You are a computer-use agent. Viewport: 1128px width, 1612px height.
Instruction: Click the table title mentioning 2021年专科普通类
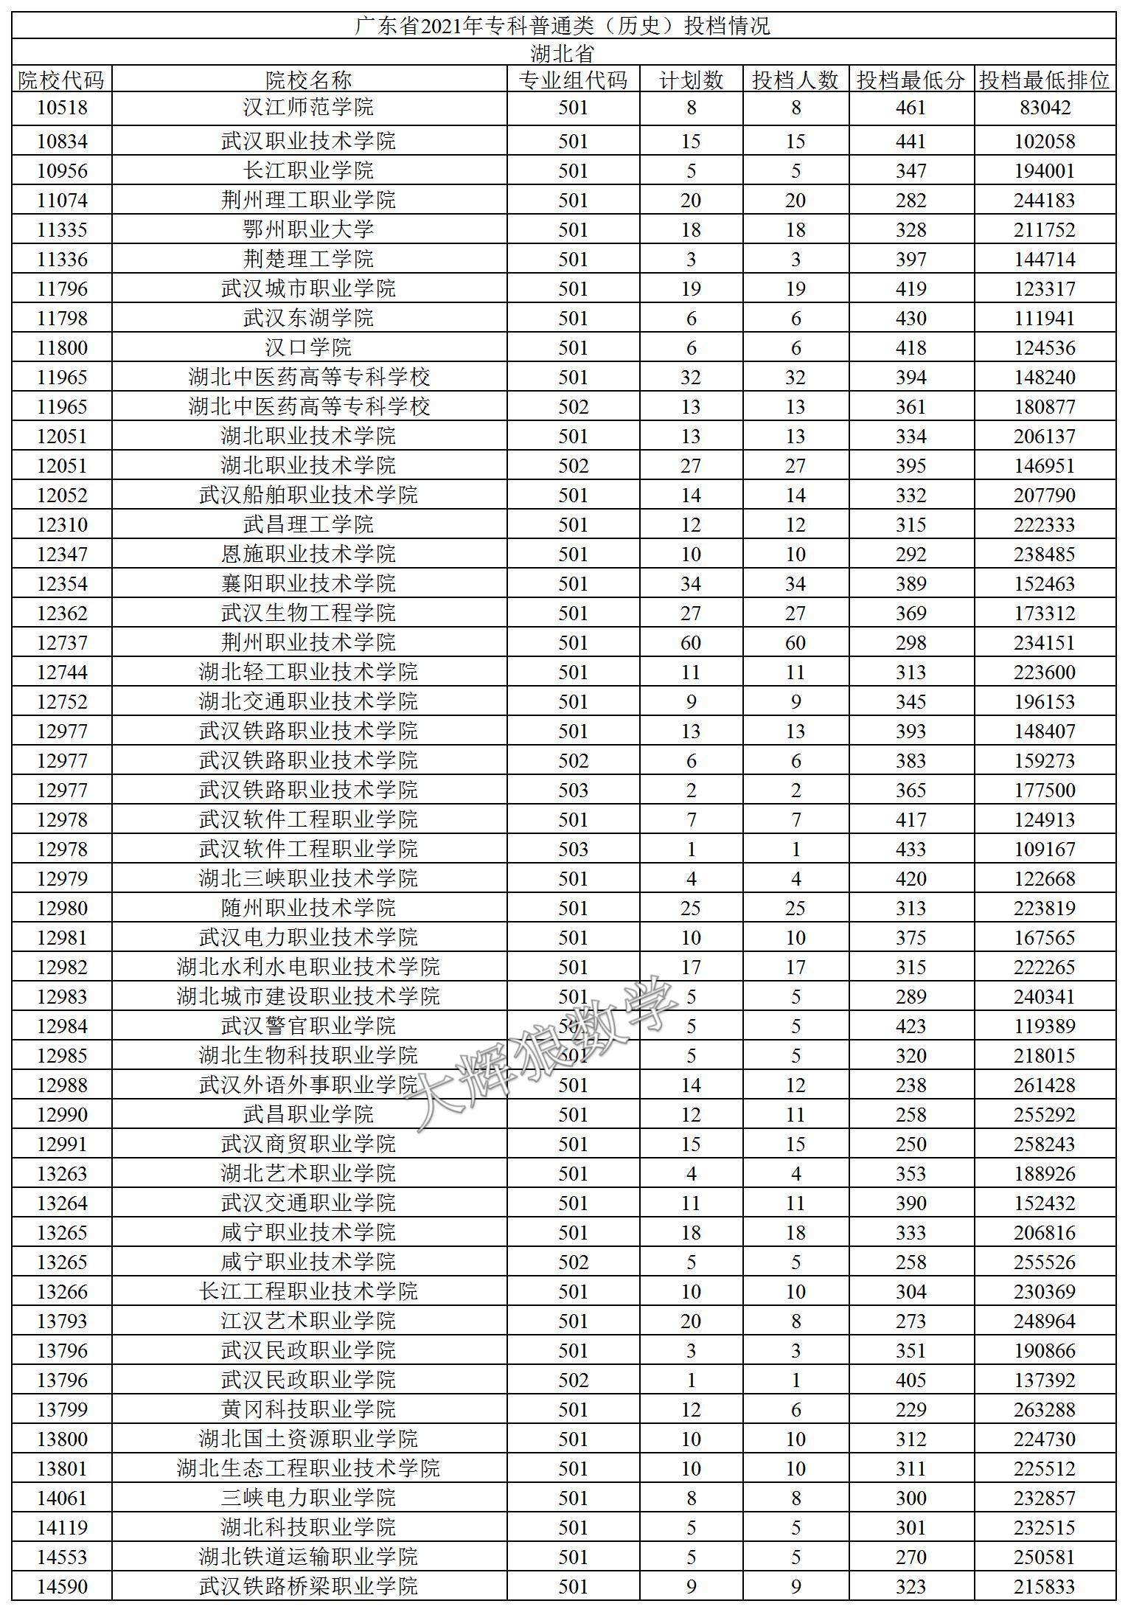(563, 27)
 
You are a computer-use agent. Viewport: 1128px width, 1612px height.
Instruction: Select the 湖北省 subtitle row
(563, 54)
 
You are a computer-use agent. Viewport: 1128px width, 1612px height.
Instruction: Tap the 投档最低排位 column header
(1044, 80)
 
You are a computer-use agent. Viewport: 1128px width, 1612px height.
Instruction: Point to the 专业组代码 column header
(573, 80)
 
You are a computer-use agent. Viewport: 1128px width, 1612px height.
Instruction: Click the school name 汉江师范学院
(308, 108)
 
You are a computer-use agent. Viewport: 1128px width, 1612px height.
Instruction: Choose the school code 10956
(62, 171)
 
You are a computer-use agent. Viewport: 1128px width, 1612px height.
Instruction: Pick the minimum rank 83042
(1045, 108)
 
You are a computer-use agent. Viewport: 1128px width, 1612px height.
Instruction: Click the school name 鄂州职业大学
(308, 230)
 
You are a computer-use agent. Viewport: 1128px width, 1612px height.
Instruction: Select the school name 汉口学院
(308, 348)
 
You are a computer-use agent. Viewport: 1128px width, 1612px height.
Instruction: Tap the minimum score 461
(911, 108)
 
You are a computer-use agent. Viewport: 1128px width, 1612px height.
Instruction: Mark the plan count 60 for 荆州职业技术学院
(691, 643)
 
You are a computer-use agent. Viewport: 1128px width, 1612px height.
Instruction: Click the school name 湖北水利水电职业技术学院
(308, 967)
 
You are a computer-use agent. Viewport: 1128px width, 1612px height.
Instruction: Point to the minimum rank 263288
(1045, 1410)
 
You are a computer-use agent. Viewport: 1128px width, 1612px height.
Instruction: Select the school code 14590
(62, 1587)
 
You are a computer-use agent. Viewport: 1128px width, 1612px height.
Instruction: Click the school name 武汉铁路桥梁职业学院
(308, 1587)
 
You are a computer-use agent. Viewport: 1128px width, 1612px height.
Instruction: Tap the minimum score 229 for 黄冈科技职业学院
(911, 1410)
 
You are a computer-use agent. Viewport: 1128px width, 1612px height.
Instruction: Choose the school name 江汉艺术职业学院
(308, 1321)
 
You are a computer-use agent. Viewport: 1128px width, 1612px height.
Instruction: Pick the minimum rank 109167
(1045, 850)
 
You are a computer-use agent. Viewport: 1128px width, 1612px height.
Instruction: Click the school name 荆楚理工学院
(308, 260)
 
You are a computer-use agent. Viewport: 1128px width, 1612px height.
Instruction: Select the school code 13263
(62, 1174)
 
